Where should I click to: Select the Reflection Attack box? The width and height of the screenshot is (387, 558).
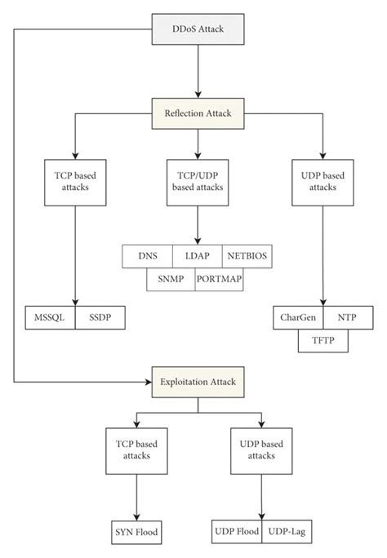tap(198, 111)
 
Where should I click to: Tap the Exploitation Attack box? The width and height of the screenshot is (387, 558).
tap(198, 380)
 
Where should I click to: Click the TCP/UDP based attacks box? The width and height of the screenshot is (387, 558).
tap(198, 183)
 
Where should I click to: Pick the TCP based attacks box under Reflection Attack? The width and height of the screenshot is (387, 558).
tap(75, 183)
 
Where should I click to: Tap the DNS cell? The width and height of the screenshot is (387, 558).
tap(148, 256)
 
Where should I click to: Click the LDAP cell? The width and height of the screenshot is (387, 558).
tap(198, 256)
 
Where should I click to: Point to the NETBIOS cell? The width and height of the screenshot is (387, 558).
tap(247, 256)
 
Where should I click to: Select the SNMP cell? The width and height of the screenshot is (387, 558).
tap(171, 278)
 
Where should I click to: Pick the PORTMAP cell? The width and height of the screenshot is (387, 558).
tap(220, 278)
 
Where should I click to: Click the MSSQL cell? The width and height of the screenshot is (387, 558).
tap(50, 317)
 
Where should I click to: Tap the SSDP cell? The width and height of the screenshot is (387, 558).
tap(100, 317)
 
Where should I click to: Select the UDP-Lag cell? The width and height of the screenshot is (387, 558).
tap(286, 531)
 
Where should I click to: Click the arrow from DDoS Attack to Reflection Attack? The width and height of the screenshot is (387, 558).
tap(198, 69)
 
